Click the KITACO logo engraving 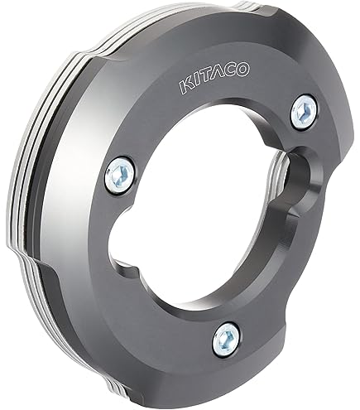click(x=214, y=77)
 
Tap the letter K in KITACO click(x=186, y=85)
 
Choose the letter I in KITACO click(x=196, y=83)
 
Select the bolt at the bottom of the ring click(x=226, y=340)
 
